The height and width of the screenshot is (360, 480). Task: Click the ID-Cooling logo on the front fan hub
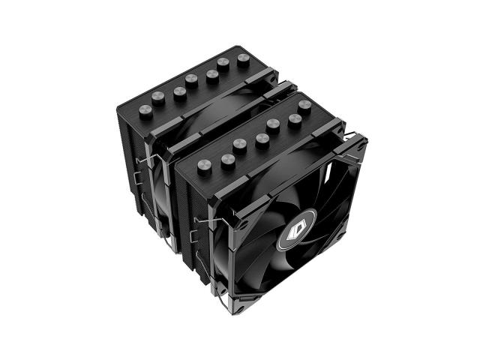point(296,229)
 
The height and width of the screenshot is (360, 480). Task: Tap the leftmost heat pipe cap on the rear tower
point(145,112)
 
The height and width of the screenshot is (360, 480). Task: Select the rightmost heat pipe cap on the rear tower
point(243,60)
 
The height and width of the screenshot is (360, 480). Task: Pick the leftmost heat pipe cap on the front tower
point(205,167)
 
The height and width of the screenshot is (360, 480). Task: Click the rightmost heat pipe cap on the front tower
point(304,107)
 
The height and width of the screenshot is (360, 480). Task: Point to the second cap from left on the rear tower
point(158,98)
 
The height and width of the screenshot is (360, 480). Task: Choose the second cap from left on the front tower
point(228,162)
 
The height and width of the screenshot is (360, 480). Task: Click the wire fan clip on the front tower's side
point(200,232)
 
